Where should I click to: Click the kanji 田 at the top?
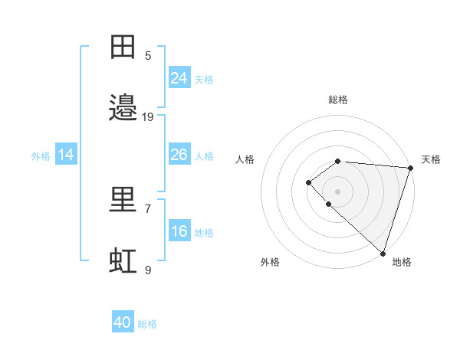(x=123, y=47)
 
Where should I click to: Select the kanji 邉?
(x=123, y=108)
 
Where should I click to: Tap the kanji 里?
(x=123, y=200)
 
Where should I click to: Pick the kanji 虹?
(x=123, y=261)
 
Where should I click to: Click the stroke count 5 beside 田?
(x=148, y=55)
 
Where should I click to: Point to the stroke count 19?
(x=148, y=116)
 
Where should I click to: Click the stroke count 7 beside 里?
(x=148, y=208)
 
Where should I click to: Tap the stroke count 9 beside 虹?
(x=148, y=270)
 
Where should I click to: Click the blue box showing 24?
(x=179, y=78)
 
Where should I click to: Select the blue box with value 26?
(x=179, y=155)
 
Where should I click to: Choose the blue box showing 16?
(x=179, y=231)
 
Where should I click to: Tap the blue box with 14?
(x=66, y=155)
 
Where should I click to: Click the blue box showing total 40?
(x=123, y=322)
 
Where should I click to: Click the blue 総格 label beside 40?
(x=147, y=324)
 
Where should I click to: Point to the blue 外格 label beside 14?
(x=41, y=155)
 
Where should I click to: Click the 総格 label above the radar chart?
(x=338, y=100)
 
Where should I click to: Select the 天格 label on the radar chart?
(x=431, y=159)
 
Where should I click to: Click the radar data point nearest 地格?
(x=383, y=253)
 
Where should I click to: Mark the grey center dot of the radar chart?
(x=338, y=191)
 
